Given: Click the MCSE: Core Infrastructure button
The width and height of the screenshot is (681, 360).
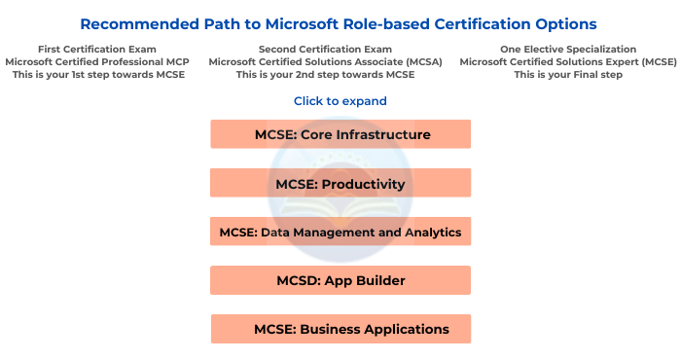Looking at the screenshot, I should point(340,134).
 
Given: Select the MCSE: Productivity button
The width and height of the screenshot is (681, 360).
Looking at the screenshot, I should point(340,183).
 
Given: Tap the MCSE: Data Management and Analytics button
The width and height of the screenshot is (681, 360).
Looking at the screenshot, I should point(340,232).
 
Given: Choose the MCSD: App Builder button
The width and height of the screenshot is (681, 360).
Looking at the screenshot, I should point(340,280).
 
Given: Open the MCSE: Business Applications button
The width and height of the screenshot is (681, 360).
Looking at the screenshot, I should point(340,329).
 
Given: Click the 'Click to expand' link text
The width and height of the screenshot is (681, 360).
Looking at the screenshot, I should point(340,101).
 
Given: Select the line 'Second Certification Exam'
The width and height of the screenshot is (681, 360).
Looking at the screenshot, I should point(325,49).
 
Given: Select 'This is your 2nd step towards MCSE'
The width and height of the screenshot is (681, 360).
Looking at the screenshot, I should point(325,75).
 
